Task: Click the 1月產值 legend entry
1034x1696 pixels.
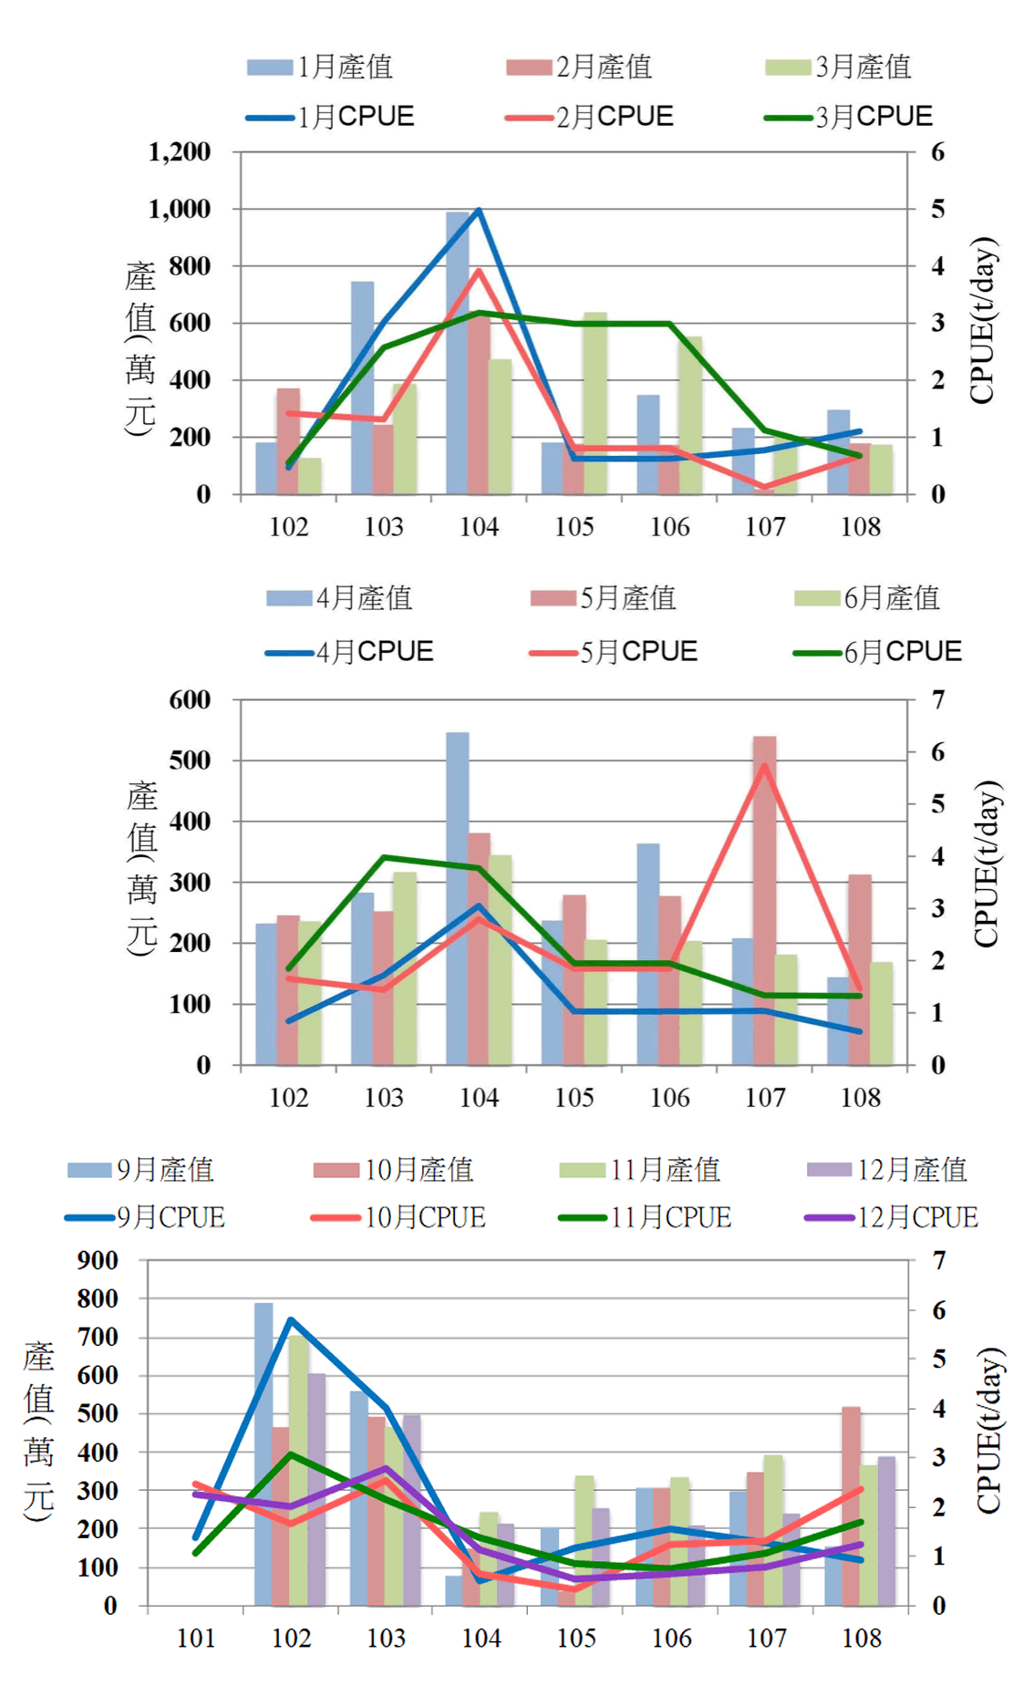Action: [x=321, y=67]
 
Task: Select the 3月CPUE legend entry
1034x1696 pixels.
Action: [x=849, y=117]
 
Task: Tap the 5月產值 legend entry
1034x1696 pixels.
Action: [x=605, y=598]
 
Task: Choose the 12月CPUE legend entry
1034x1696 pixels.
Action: [x=893, y=1217]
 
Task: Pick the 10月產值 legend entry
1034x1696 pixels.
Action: [x=394, y=1170]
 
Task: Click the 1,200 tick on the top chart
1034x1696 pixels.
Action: [x=180, y=151]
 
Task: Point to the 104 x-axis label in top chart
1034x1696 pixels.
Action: [x=479, y=527]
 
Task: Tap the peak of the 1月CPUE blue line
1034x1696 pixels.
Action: [x=479, y=211]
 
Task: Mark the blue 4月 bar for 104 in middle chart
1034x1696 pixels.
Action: [x=457, y=898]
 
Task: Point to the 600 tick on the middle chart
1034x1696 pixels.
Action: [x=190, y=700]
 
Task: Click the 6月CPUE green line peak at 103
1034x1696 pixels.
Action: [x=384, y=857]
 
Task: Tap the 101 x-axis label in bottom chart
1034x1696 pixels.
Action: [x=196, y=1639]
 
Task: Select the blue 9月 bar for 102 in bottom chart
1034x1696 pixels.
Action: [x=264, y=1453]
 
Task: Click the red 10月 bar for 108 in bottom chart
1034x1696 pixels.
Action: [x=851, y=1505]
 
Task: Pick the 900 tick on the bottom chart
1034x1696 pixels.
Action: [x=98, y=1260]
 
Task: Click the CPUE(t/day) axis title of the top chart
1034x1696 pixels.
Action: [x=983, y=321]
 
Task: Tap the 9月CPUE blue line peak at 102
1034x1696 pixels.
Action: [x=290, y=1319]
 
